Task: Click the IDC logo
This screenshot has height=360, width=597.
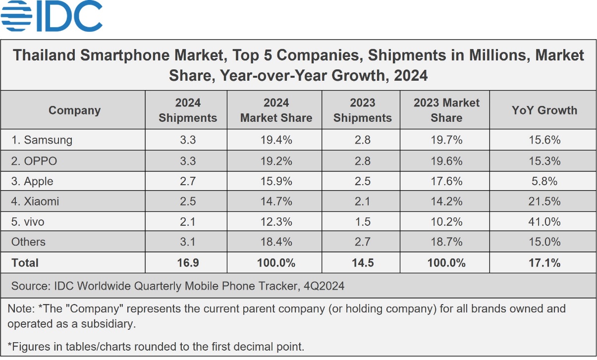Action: click(x=52, y=17)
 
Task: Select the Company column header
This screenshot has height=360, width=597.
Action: click(x=74, y=110)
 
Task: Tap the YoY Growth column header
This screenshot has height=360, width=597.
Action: click(x=544, y=110)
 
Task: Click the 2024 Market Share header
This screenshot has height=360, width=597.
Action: click(x=276, y=110)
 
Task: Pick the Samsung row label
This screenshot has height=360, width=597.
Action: click(x=42, y=140)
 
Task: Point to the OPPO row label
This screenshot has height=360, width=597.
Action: click(x=34, y=161)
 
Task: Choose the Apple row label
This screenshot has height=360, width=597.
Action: click(x=32, y=181)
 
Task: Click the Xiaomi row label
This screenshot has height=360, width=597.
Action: click(x=36, y=202)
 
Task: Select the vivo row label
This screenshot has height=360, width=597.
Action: click(x=28, y=222)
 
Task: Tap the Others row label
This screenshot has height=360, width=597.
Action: click(x=28, y=242)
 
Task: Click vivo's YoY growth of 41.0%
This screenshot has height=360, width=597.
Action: click(x=544, y=222)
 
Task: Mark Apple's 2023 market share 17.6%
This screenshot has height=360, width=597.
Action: click(x=446, y=181)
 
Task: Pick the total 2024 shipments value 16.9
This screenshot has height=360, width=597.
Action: click(x=188, y=262)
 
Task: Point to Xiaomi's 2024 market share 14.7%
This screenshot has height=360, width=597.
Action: click(x=276, y=202)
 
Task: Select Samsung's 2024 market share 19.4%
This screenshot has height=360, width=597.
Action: click(x=276, y=140)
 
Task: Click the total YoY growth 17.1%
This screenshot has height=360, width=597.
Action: click(x=544, y=262)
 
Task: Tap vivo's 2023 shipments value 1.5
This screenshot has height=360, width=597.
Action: click(x=362, y=222)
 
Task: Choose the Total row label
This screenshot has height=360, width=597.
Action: click(x=25, y=262)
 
